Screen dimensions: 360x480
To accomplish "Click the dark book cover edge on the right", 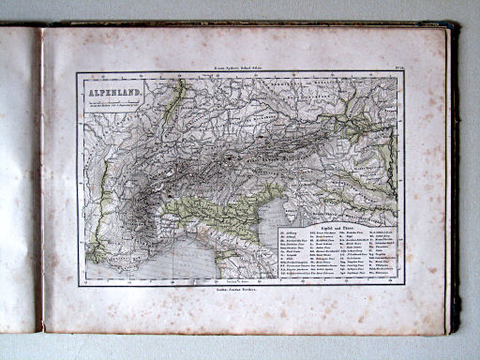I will (455, 178).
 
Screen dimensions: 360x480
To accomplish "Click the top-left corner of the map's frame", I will (79, 74).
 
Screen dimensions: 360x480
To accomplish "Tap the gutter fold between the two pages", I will (39, 178).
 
